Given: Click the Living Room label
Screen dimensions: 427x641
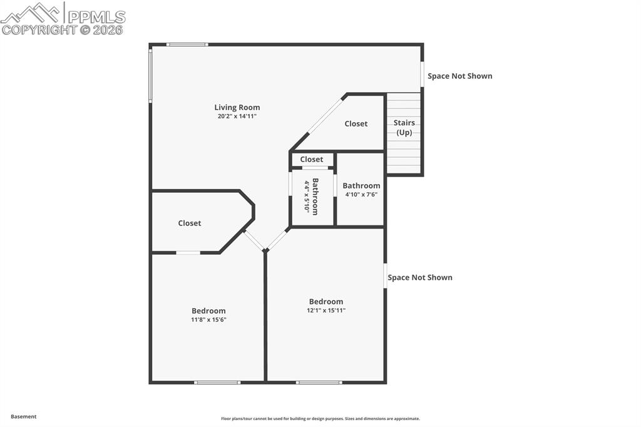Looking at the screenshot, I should pos(237,107).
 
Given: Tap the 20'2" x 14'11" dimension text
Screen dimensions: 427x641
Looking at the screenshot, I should pos(237,116).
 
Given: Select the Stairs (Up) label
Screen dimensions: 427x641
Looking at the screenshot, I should pos(404,128).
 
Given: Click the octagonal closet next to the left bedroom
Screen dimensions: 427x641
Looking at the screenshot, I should pos(190,223).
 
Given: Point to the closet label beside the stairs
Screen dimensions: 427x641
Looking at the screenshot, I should pos(356,124).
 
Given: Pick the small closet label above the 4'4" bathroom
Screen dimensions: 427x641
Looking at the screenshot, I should pos(311,159).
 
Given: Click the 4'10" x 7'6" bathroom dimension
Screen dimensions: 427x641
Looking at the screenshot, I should pos(361,195).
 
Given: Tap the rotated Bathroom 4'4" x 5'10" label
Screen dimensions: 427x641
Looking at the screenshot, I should pos(311,197).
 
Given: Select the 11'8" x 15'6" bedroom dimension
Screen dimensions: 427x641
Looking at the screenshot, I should pos(208,319).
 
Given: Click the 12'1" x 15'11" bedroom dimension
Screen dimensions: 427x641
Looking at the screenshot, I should pos(326,310).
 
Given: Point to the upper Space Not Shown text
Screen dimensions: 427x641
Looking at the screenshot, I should pos(460,76).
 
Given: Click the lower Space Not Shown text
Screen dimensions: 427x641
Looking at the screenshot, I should pos(420,277).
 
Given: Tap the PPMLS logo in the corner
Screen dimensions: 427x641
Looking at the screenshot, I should pos(63,18).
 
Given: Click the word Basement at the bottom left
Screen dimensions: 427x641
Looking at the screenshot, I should pos(24,416).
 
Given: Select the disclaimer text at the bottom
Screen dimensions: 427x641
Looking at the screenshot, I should pos(320,419).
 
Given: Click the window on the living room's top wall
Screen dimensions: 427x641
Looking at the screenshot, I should pos(187,44).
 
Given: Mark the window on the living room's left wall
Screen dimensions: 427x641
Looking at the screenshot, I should pos(150,75).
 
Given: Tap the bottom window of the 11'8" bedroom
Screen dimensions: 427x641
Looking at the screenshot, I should pos(217,382).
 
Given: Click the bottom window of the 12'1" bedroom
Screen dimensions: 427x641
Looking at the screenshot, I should pos(319,382).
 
